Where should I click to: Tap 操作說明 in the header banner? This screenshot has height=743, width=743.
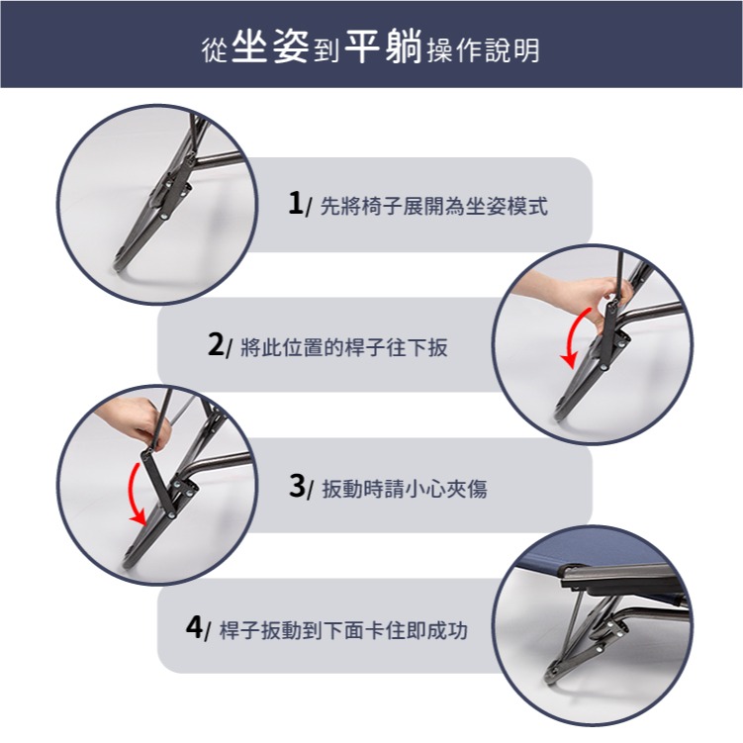[484, 49]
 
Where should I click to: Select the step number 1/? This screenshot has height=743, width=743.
[299, 205]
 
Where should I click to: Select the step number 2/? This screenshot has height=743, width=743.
[220, 345]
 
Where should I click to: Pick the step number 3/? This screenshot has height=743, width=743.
[300, 487]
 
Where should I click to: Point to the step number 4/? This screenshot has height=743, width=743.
[198, 627]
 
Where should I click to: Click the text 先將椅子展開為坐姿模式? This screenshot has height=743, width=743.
[434, 208]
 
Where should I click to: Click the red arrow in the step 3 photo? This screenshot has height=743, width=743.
[134, 490]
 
